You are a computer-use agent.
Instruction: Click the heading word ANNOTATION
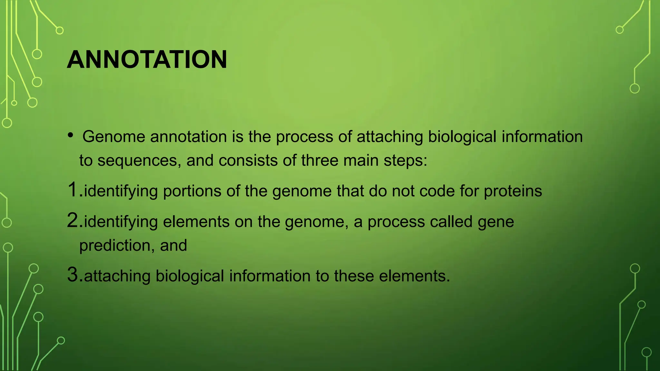(x=147, y=60)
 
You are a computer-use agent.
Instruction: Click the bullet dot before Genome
(x=71, y=136)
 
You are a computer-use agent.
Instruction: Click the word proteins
(x=513, y=191)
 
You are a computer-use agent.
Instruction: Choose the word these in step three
(x=354, y=276)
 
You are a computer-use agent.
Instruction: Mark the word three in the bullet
(x=319, y=161)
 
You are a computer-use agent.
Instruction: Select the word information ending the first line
(x=542, y=137)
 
